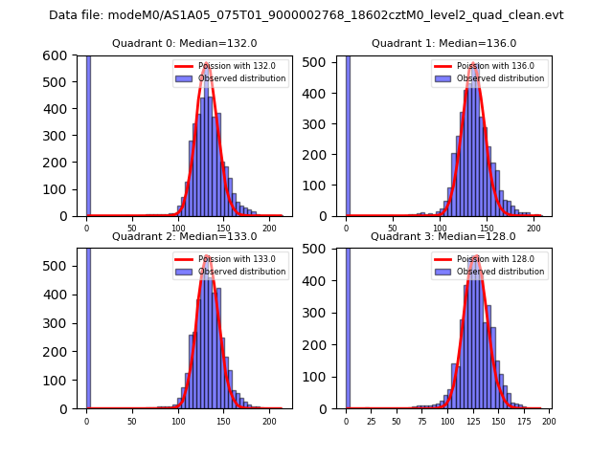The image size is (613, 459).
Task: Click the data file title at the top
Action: (x=306, y=15)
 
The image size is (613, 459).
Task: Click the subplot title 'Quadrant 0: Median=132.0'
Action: (x=185, y=43)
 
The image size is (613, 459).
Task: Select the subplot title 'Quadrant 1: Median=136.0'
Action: (x=443, y=43)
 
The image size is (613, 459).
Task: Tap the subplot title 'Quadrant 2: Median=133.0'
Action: (x=185, y=236)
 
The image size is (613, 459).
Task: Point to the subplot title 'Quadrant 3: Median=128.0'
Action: (x=443, y=236)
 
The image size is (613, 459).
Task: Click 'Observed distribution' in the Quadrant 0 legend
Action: (x=241, y=78)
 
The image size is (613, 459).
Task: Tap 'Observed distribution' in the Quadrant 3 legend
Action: (x=500, y=272)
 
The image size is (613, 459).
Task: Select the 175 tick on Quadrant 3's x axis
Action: (x=523, y=421)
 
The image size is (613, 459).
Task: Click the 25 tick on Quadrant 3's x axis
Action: (x=371, y=421)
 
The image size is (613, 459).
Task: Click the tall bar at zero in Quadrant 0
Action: (x=88, y=134)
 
